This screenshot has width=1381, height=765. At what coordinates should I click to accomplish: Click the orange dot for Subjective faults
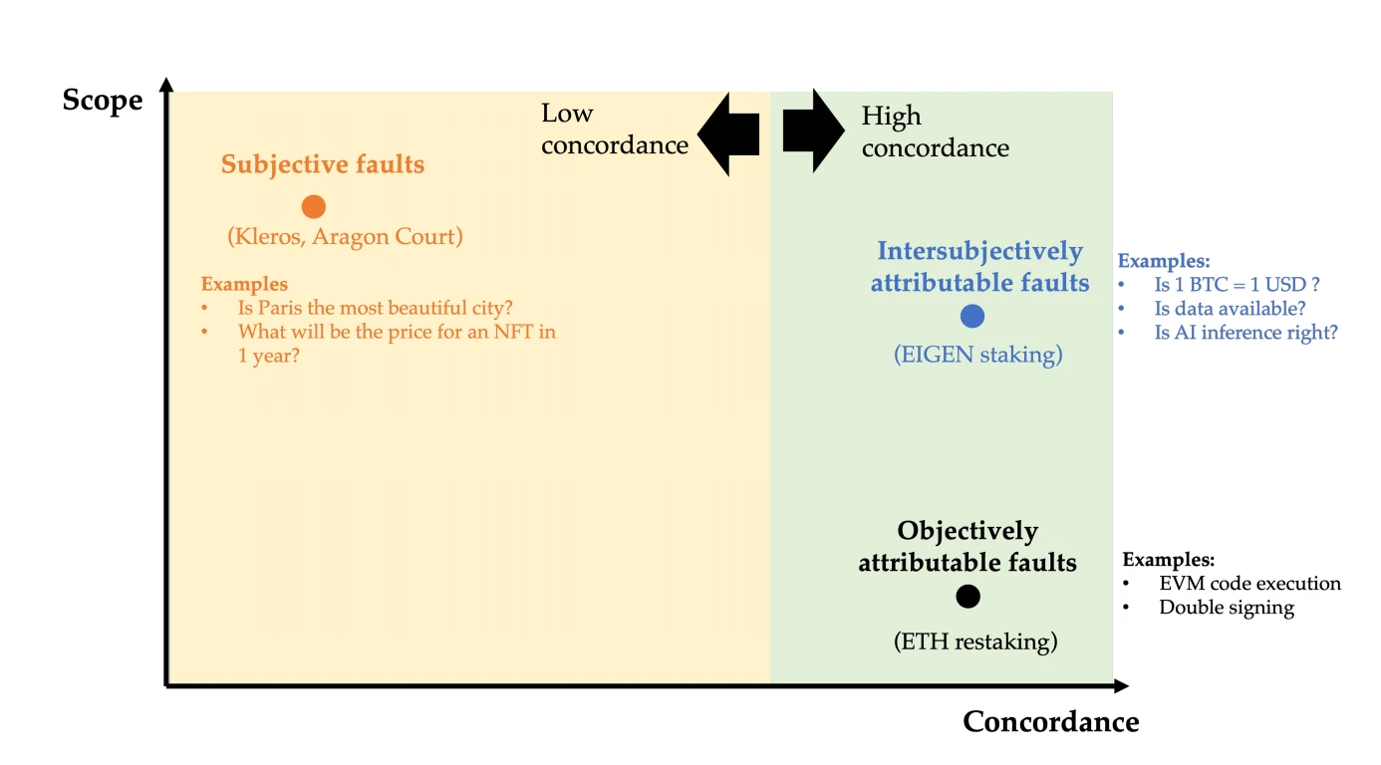point(314,206)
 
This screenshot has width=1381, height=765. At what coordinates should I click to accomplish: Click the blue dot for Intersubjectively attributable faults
point(972,316)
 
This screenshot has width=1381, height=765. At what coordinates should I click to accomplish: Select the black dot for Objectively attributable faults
point(967,596)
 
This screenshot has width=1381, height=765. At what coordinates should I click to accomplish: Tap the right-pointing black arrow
point(813,130)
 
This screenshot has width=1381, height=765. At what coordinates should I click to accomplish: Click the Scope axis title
point(103,101)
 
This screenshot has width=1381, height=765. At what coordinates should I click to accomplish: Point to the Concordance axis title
point(1050,721)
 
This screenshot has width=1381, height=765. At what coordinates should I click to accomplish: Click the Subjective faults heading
point(323,164)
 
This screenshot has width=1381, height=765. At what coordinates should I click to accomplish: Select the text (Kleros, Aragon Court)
point(345,237)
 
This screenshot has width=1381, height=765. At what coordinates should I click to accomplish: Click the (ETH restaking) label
point(974,641)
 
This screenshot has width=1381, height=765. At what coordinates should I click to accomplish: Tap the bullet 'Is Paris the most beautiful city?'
point(375,308)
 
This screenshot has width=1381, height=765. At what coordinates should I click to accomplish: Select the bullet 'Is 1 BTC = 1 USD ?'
point(1237,285)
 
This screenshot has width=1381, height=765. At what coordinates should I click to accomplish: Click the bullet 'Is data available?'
point(1230,309)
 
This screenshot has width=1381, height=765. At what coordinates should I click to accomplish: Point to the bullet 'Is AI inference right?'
point(1245,333)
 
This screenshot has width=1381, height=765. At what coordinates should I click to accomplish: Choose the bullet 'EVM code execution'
point(1249,584)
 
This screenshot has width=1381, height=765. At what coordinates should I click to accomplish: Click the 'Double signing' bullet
point(1226,608)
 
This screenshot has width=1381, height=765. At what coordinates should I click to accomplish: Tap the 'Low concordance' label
point(614,129)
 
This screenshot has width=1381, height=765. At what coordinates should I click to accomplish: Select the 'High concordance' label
point(935,132)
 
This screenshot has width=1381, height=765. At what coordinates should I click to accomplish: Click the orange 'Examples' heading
point(244,284)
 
